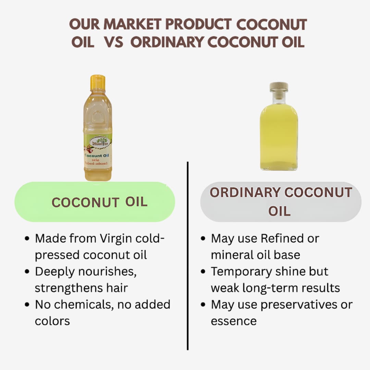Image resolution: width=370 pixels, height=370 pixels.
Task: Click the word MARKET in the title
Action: (133, 25)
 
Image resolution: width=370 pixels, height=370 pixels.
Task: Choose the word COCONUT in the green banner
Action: (85, 203)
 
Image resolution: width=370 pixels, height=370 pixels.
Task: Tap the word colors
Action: (52, 321)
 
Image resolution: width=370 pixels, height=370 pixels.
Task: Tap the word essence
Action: (234, 321)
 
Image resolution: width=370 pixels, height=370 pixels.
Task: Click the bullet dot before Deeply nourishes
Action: (27, 272)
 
